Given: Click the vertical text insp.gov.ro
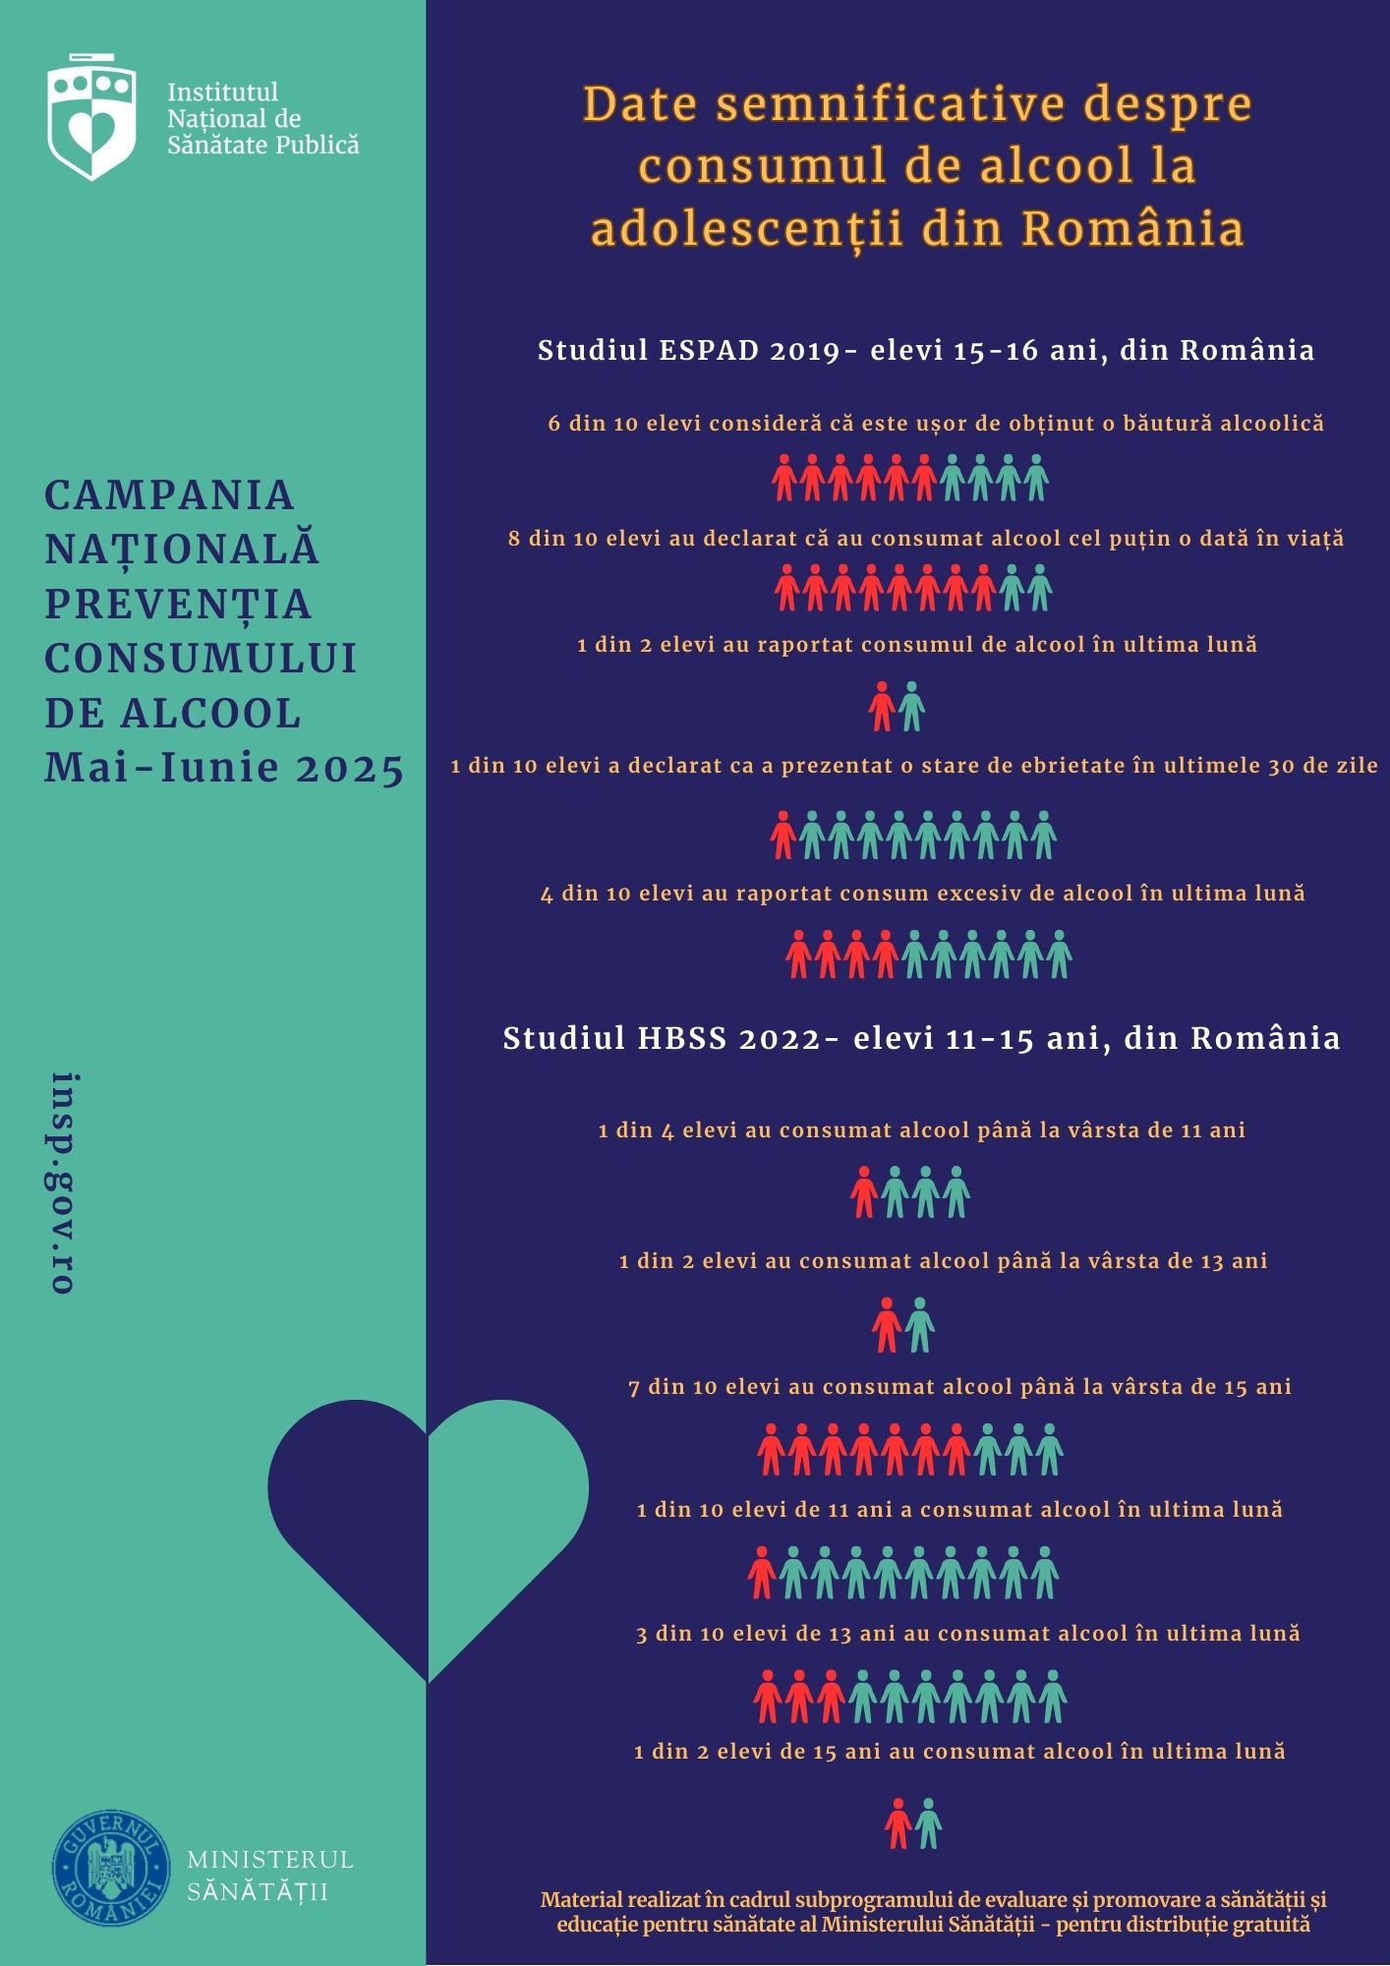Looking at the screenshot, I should coord(64,1183).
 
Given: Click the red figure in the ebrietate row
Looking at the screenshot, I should coord(783,835).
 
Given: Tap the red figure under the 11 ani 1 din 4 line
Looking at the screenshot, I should coord(864,1191).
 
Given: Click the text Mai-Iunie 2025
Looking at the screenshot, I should coord(224,769).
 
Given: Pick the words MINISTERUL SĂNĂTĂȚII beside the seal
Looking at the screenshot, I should coord(269,1876).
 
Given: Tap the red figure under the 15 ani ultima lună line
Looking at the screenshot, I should coord(898,1823).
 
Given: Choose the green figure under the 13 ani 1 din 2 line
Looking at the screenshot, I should coord(920,1324).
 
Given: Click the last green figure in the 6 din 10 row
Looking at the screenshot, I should coord(1036,478).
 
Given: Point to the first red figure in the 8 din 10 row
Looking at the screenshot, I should coord(786,588).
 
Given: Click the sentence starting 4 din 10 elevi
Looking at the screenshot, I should coord(922,894).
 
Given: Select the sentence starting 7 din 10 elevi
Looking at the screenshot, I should coord(959,1387).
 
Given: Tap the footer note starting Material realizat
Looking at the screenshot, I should coord(933,1912).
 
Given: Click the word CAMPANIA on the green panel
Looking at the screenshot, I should coord(169,495).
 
